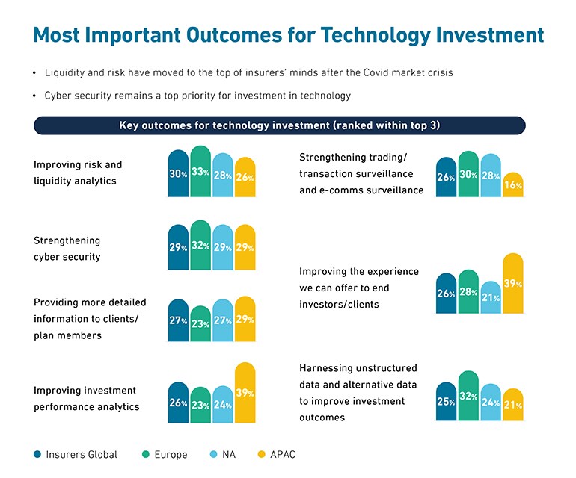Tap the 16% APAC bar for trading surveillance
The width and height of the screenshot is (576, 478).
[x=513, y=185]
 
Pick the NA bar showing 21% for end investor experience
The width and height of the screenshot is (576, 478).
[x=491, y=298]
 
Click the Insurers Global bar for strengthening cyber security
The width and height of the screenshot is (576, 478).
[x=178, y=247]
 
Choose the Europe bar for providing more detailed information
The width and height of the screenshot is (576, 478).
[x=200, y=324]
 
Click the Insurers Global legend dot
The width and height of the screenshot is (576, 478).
[x=37, y=454]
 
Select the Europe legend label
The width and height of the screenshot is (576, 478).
[x=171, y=454]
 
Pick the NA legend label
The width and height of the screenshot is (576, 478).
[x=229, y=454]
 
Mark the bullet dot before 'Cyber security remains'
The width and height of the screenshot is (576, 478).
[x=34, y=96]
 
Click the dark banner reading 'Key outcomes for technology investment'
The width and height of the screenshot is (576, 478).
[x=279, y=125]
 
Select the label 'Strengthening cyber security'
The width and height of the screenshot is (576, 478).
[x=67, y=249]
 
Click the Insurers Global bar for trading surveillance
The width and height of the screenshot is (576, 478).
[x=446, y=178]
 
